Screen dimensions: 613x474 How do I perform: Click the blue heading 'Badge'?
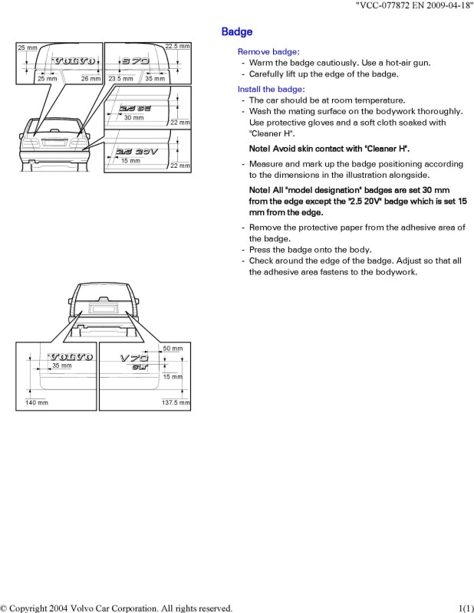point(237,31)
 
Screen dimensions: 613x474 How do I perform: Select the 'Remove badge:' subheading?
point(265,51)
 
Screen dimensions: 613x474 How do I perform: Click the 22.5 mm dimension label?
point(178,48)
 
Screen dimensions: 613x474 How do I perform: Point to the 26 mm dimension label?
point(91,79)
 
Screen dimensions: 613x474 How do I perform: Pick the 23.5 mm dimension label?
point(120,79)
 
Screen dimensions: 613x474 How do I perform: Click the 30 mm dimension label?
point(133,118)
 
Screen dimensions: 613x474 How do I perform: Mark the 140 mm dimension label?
point(37,402)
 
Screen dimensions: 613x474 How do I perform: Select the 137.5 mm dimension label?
point(175,402)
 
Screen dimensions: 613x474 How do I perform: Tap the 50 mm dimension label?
point(173,349)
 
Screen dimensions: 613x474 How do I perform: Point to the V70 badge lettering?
point(133,358)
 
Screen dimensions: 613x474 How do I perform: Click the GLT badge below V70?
point(138,367)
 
